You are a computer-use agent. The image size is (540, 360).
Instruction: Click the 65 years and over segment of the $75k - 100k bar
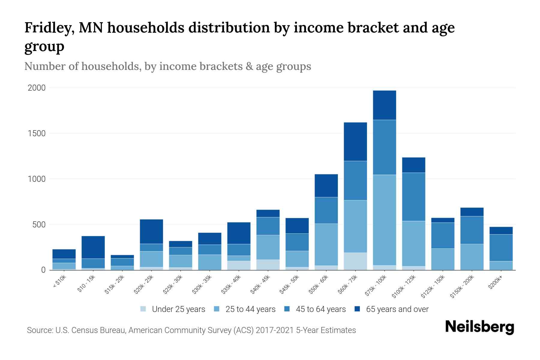pos(384,105)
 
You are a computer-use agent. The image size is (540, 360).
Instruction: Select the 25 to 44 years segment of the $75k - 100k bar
pos(384,220)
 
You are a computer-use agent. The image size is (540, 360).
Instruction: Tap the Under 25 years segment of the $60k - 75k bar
pos(355,261)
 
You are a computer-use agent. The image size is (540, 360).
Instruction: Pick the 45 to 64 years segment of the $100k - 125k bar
pos(414,197)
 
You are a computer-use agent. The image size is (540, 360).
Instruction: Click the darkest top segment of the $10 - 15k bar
pos(93,247)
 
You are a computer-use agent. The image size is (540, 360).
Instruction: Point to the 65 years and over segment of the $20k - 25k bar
pos(151,232)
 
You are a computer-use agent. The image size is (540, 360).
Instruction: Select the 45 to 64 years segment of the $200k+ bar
pos(501,248)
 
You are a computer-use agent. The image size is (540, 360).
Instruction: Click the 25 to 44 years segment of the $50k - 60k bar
pos(326,244)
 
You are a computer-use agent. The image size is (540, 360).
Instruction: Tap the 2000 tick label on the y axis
pos(37,88)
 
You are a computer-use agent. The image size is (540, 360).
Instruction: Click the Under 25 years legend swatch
pos(143,309)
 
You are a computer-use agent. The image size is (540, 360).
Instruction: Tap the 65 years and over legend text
pos(397,309)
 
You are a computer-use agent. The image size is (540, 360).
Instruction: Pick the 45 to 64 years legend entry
pos(315,309)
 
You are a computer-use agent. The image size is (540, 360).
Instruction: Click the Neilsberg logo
pos(480,327)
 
